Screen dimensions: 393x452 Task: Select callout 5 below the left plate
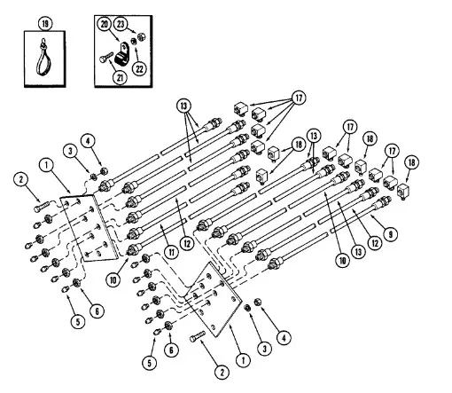pyautogui.click(x=76, y=320)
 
